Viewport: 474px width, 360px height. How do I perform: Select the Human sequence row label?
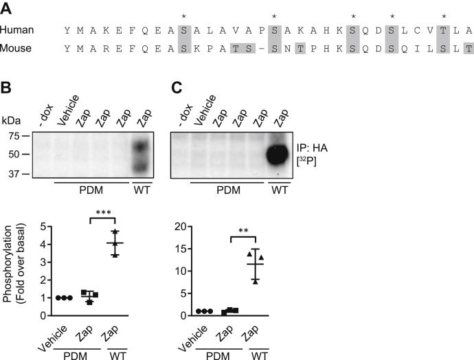pyautogui.click(x=16, y=30)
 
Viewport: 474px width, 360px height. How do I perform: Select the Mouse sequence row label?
pyautogui.click(x=16, y=48)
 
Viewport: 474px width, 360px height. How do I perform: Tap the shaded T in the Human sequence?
pyautogui.click(x=444, y=30)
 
